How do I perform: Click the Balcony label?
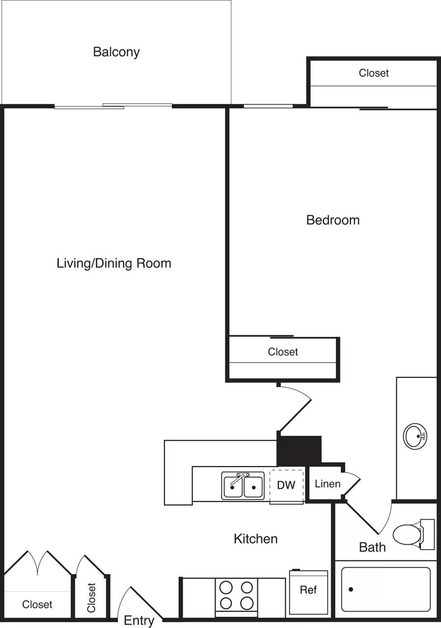116,52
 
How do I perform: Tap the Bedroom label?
332,220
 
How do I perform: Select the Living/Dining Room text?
114,263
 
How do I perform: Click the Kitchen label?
255,539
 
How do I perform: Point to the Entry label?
139,621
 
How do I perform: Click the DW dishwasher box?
286,486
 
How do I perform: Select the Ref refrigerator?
308,592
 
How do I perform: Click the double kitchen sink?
243,486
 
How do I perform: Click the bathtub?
386,589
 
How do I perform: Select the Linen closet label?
328,484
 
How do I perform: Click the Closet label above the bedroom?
374,73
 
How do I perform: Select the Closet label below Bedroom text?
283,352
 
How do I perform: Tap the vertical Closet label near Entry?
91,597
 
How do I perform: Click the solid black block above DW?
300,449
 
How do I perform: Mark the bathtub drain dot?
351,589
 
